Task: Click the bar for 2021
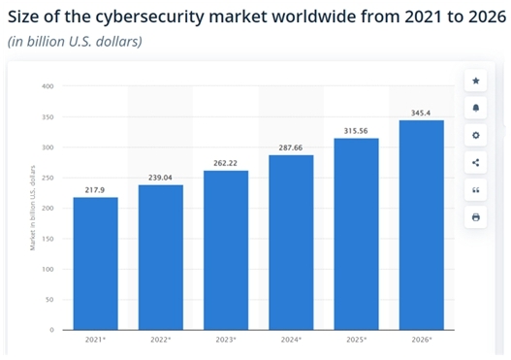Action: click(x=95, y=263)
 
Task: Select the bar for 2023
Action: click(x=226, y=249)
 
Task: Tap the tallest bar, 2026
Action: click(x=421, y=224)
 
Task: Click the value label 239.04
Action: click(x=160, y=177)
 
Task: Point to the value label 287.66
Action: click(x=291, y=147)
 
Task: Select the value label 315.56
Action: click(x=356, y=130)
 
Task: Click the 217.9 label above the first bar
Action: click(x=95, y=189)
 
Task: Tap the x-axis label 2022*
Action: click(x=160, y=339)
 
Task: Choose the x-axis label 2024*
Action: click(x=291, y=339)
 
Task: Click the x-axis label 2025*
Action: click(x=356, y=339)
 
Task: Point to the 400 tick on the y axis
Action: click(x=46, y=86)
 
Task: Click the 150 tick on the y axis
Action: click(x=46, y=239)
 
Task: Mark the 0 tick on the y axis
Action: click(x=49, y=330)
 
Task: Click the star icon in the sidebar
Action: click(x=476, y=81)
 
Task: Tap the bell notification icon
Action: click(x=476, y=108)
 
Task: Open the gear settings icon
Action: click(x=476, y=135)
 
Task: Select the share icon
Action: click(x=476, y=162)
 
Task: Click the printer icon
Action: click(x=476, y=217)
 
